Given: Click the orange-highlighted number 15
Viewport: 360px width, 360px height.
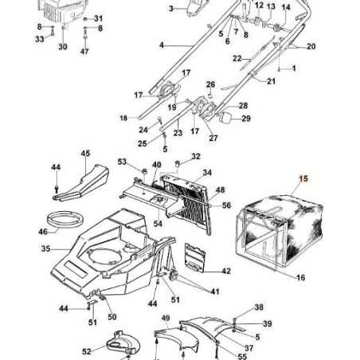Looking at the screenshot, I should [302, 180].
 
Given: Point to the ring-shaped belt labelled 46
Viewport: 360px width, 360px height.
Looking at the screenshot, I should [63, 220].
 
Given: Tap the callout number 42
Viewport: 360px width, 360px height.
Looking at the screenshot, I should [226, 271].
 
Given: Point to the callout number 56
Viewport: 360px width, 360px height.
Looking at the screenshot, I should [227, 205].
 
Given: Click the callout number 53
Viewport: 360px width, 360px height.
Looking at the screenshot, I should [122, 162].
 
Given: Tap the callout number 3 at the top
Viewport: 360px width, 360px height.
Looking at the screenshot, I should [170, 9].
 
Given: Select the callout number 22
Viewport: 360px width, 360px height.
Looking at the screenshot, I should [237, 59].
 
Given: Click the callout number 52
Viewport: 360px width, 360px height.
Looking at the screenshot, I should [86, 351].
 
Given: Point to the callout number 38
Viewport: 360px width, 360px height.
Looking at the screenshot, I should [259, 307].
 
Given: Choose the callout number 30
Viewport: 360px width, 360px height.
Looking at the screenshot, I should [63, 47].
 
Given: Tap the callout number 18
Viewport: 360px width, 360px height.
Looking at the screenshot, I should [123, 118].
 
